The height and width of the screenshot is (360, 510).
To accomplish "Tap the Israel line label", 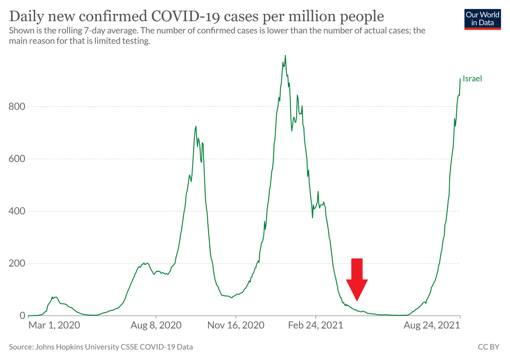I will click(x=472, y=79).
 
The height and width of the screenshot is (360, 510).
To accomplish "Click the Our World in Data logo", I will click(x=483, y=18).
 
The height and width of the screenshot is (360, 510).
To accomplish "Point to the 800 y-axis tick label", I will click(x=17, y=107).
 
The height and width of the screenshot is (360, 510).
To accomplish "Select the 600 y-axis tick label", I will click(x=17, y=159).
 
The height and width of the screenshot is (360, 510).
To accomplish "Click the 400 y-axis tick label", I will click(x=17, y=211).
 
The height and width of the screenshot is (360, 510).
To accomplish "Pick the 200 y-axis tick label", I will click(x=17, y=263).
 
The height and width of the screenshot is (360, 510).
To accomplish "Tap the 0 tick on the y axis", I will click(x=21, y=315).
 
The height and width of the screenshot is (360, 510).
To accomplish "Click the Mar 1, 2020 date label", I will click(x=54, y=325).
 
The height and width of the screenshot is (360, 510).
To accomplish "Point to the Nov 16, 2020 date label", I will click(x=236, y=325).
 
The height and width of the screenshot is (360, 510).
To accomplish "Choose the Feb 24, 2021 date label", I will click(x=316, y=325).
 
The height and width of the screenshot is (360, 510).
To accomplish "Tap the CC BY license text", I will click(x=489, y=347).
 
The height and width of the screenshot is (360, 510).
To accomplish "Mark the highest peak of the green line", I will click(x=285, y=55).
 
